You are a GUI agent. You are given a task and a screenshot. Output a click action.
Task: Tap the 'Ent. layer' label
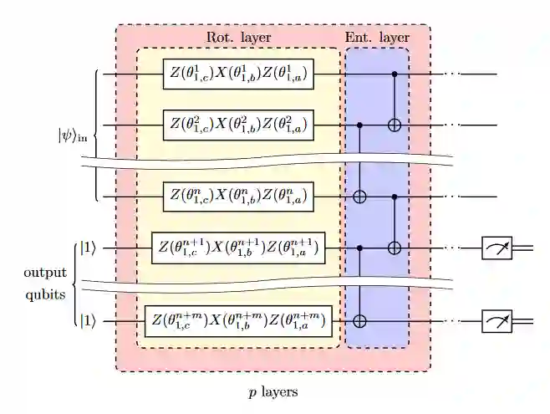[x=377, y=38]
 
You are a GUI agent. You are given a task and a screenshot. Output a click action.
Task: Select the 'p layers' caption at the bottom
[x=273, y=391]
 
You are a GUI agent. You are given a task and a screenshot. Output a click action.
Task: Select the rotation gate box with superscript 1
[x=238, y=74]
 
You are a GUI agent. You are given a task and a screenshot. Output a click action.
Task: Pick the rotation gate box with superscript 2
[x=238, y=125]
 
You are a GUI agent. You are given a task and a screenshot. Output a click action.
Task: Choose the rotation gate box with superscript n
[x=238, y=198]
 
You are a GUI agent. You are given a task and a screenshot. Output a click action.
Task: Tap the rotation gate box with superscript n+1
[x=238, y=248]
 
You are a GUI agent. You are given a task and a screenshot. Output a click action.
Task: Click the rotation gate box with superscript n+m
[x=238, y=320]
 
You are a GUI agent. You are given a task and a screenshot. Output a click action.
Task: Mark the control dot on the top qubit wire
[x=395, y=74]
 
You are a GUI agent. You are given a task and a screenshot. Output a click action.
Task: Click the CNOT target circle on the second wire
[x=395, y=125]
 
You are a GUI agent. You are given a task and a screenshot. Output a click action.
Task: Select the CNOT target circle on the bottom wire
[x=360, y=320]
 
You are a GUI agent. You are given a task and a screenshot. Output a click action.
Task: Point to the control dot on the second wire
[x=360, y=125]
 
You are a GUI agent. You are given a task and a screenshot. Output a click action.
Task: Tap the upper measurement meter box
[x=497, y=248]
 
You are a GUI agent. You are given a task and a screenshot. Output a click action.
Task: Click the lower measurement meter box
[x=497, y=320]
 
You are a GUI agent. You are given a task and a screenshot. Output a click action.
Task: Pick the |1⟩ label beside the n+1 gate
[x=87, y=248]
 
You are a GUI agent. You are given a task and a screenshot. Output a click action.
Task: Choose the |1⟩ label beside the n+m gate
[x=87, y=320]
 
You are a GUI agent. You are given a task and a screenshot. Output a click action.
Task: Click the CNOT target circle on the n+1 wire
[x=395, y=248]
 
